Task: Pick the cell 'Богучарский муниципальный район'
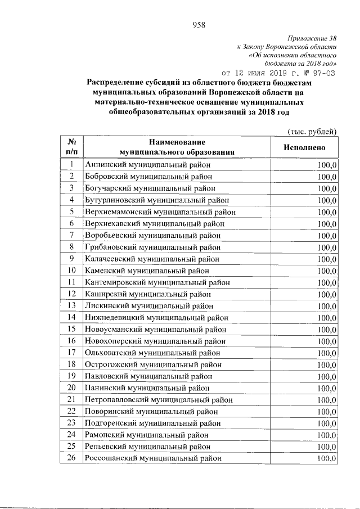pyautogui.click(x=150, y=188)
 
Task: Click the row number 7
pyautogui.click(x=72, y=235)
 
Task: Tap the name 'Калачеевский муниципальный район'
pyautogui.click(x=152, y=259)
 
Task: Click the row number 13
pyautogui.click(x=72, y=305)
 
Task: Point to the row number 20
pyautogui.click(x=72, y=388)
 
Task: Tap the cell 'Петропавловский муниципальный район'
pyautogui.click(x=160, y=399)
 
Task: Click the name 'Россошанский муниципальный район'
pyautogui.click(x=152, y=458)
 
